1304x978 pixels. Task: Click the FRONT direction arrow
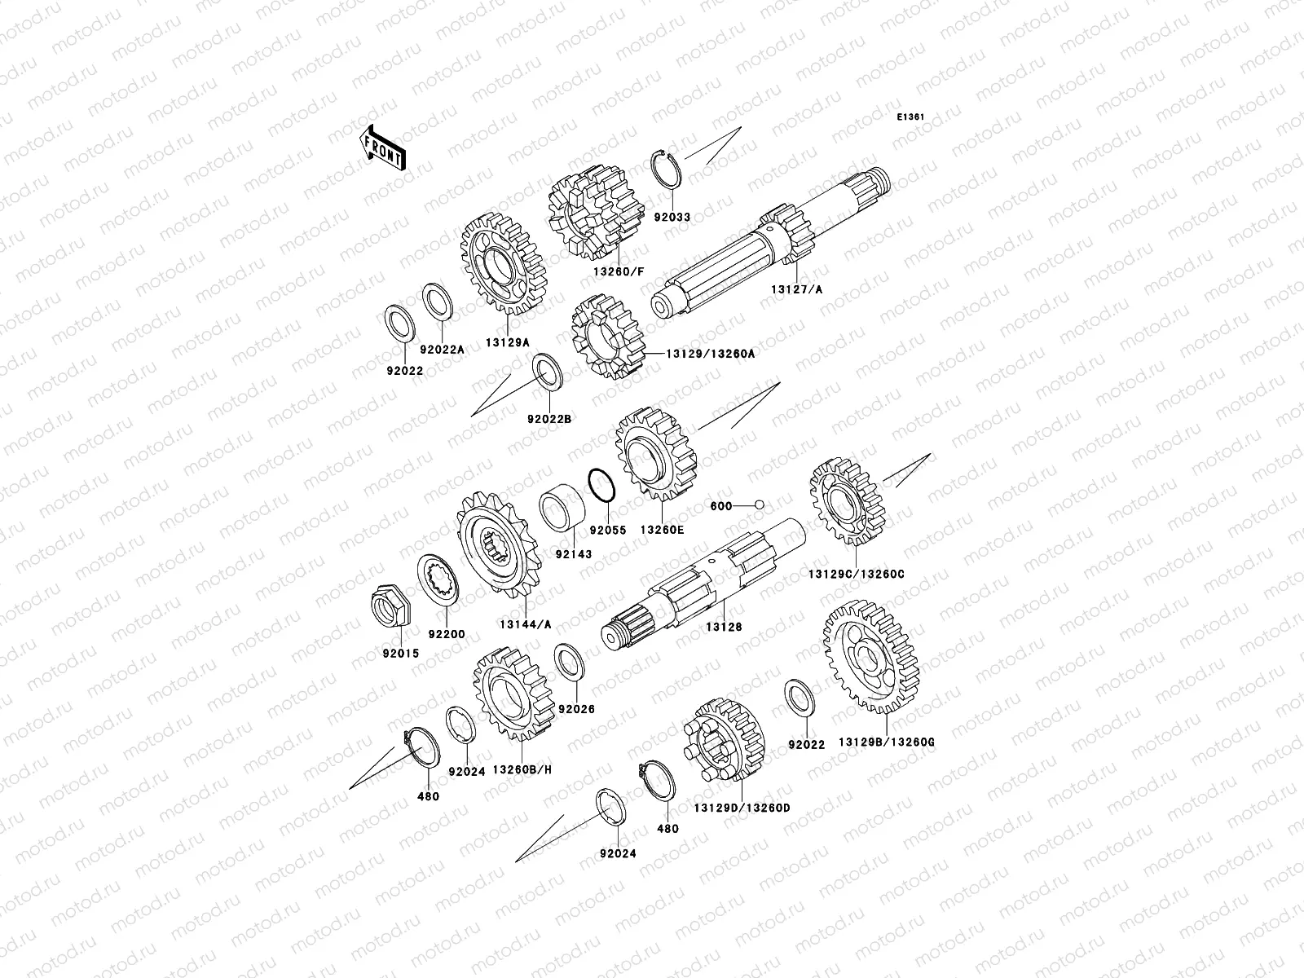pyautogui.click(x=382, y=148)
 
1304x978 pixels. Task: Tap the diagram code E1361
pyautogui.click(x=910, y=117)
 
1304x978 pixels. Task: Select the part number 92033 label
pyautogui.click(x=672, y=218)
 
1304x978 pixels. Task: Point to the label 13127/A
pyautogui.click(x=796, y=290)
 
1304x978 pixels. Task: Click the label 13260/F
pyautogui.click(x=619, y=272)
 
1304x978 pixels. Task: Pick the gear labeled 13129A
pyautogui.click(x=503, y=264)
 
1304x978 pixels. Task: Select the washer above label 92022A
pyautogui.click(x=437, y=302)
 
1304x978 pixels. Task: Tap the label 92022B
pyautogui.click(x=549, y=419)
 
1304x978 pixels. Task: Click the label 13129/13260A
pyautogui.click(x=710, y=354)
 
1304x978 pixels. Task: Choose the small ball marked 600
pyautogui.click(x=759, y=505)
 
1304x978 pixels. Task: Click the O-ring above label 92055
pyautogui.click(x=601, y=485)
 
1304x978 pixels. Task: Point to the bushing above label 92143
pyautogui.click(x=562, y=507)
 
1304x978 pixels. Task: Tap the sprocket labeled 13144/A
pyautogui.click(x=499, y=544)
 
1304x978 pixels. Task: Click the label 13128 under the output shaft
pyautogui.click(x=724, y=627)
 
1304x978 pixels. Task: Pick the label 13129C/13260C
pyautogui.click(x=856, y=575)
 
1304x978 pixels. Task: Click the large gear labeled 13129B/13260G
pyautogui.click(x=871, y=657)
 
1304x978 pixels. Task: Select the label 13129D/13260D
pyautogui.click(x=742, y=808)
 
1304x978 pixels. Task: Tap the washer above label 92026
pyautogui.click(x=569, y=662)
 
